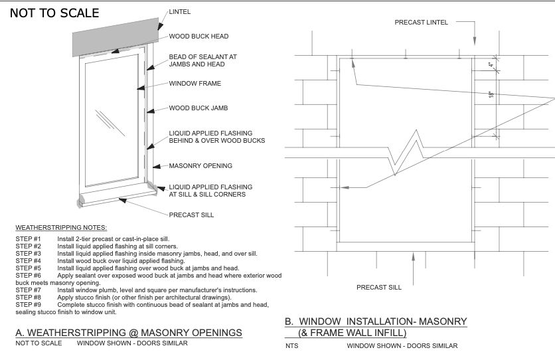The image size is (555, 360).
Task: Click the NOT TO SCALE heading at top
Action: pyautogui.click(x=54, y=13)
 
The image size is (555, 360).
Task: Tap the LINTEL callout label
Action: pyautogui.click(x=179, y=12)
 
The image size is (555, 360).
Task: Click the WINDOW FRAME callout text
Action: pyautogui.click(x=195, y=84)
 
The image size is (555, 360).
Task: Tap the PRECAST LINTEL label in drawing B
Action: pyautogui.click(x=421, y=22)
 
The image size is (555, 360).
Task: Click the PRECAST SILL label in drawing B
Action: pyautogui.click(x=379, y=288)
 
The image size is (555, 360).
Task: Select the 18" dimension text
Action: pyautogui.click(x=491, y=95)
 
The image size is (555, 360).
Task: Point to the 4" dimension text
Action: pyautogui.click(x=491, y=65)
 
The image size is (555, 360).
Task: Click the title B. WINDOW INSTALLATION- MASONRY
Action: pyautogui.click(x=376, y=321)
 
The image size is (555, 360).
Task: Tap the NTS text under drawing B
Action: pyautogui.click(x=292, y=346)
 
